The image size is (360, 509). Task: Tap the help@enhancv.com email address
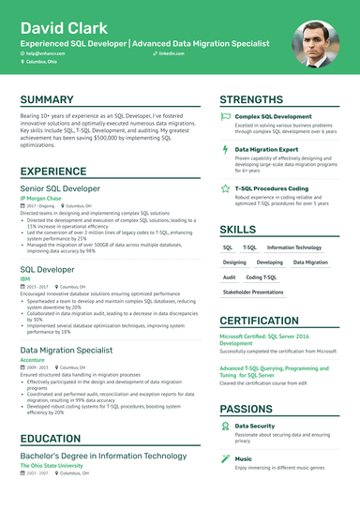[x=45, y=56]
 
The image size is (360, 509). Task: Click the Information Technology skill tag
[x=294, y=247]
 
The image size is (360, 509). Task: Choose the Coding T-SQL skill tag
[x=262, y=277]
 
